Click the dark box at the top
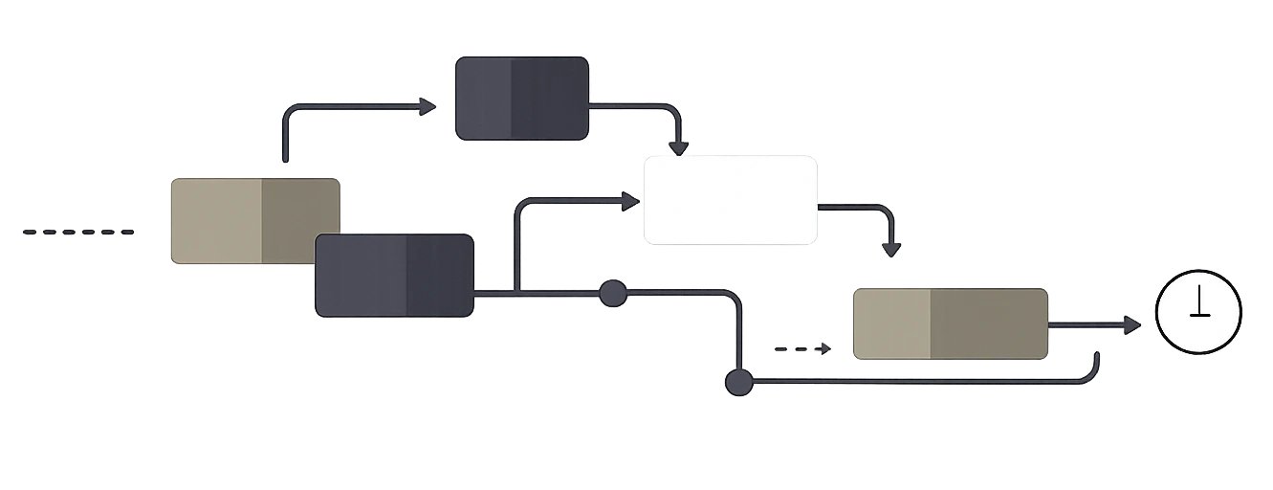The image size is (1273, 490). [521, 100]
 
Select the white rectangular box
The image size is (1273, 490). [731, 201]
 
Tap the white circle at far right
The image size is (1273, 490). [1198, 312]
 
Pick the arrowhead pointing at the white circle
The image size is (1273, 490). [1132, 325]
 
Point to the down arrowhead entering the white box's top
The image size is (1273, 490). [678, 146]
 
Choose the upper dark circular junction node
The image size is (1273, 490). [612, 293]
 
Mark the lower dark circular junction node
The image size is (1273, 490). [737, 383]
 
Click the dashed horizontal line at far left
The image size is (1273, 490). [77, 232]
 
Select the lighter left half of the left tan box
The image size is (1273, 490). [216, 220]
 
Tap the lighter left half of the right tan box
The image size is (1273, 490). [891, 323]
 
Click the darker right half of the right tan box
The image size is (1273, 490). [989, 323]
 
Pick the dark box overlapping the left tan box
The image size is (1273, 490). [394, 275]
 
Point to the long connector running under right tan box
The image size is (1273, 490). [918, 381]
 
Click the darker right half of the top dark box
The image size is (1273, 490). [549, 100]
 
